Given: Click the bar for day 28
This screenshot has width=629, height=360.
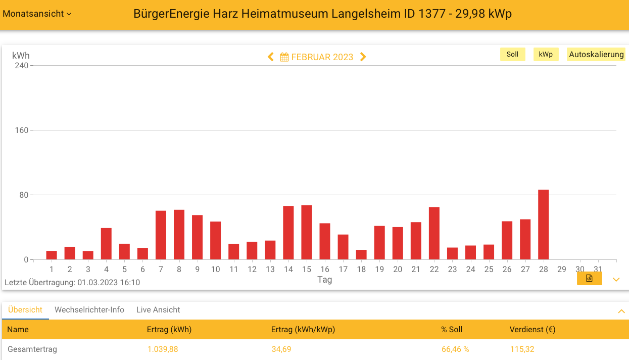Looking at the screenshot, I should click(x=543, y=225).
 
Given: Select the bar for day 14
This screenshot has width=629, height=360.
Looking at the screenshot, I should click(x=288, y=233).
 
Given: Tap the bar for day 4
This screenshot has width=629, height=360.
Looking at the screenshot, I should click(x=106, y=244).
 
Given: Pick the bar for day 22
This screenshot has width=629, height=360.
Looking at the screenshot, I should click(x=434, y=234).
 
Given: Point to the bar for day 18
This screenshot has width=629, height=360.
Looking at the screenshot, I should click(x=361, y=255).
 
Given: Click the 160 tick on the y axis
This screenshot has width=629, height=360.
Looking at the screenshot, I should click(x=22, y=130).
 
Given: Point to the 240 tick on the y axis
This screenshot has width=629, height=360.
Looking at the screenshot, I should click(x=22, y=66).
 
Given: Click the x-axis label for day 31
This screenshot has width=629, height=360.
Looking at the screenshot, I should click(x=598, y=269).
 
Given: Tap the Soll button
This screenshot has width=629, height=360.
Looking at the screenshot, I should click(x=512, y=55).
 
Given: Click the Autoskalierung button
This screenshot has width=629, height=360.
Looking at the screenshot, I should click(x=596, y=55).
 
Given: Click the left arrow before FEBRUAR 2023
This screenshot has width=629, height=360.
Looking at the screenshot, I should click(x=271, y=57).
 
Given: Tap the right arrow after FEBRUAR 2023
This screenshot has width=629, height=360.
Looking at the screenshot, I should click(x=363, y=57).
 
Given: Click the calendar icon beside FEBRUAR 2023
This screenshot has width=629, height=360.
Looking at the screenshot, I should click(x=284, y=57).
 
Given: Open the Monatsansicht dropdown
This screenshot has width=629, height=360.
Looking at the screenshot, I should click(x=37, y=14).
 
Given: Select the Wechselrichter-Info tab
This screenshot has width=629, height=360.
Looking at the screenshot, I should click(x=89, y=310).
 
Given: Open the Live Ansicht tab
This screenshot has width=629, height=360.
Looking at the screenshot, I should click(x=158, y=310).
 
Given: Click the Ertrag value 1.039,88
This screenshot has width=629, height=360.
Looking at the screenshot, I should click(x=163, y=349).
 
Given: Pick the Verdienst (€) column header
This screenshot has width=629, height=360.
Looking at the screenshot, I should click(x=533, y=330).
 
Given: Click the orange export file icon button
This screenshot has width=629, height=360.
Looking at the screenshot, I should click(x=589, y=279).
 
